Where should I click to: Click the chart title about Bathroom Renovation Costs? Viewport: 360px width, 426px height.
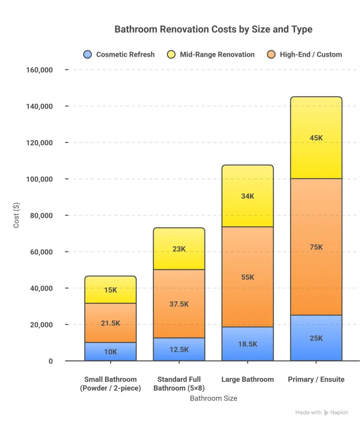pos(213,30)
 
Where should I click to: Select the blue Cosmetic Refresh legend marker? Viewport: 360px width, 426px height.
pos(87,54)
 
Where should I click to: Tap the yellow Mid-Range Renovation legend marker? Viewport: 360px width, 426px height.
pos(171,54)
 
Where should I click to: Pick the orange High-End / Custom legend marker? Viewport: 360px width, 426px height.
pos(271,54)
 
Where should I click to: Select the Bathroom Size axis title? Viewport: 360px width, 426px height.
pos(214,398)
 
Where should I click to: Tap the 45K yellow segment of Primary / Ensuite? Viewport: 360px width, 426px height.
pos(316,138)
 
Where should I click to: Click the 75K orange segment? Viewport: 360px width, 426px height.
pos(316,247)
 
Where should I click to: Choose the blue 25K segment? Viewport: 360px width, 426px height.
pos(316,338)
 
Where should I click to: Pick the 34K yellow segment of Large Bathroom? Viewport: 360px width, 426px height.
pos(247,196)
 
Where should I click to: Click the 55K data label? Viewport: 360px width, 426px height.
pos(247,277)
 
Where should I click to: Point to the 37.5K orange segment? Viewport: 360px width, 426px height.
pos(179,304)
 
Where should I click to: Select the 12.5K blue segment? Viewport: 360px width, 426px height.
pos(179,349)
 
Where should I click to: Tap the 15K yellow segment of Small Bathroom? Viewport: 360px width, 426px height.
pos(110,290)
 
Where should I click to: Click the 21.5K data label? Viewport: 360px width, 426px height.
pos(110,323)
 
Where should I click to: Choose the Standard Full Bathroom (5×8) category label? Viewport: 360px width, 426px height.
pos(179,384)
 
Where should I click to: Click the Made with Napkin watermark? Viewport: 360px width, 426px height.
pos(321,413)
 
